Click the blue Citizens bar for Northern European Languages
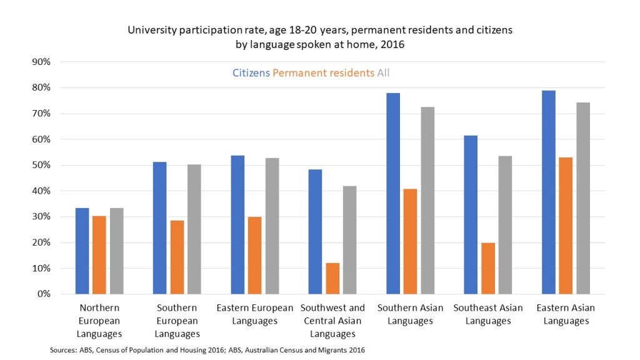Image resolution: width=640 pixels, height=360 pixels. [x=82, y=251]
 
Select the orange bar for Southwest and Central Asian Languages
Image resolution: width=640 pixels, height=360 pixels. [x=332, y=278]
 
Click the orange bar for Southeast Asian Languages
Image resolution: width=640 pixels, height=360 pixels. [x=488, y=268]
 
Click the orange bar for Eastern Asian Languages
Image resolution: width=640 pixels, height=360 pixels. [x=566, y=226]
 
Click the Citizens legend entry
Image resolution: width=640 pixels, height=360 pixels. [x=251, y=73]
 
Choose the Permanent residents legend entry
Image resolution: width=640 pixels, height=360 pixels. [x=324, y=73]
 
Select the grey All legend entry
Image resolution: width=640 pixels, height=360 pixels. [x=383, y=73]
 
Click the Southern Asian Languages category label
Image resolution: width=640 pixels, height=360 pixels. [x=410, y=314]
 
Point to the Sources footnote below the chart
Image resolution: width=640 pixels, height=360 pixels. [x=207, y=350]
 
